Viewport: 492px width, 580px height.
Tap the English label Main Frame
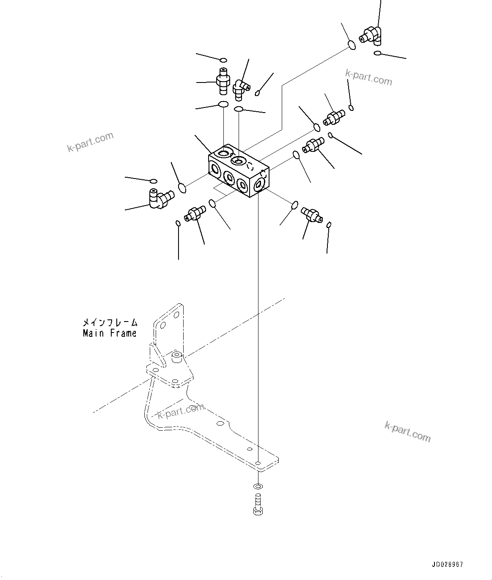[x=110, y=333]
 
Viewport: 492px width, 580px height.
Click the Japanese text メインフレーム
[x=110, y=323]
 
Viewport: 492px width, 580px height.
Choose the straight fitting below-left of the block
[x=195, y=213]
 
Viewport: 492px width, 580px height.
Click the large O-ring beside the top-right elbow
[x=351, y=44]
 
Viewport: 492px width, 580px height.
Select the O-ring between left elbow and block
[x=182, y=187]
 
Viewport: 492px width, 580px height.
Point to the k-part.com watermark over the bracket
[x=181, y=410]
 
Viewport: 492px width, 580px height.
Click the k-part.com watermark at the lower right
[x=407, y=432]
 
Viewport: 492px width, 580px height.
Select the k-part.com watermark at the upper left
[x=91, y=142]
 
